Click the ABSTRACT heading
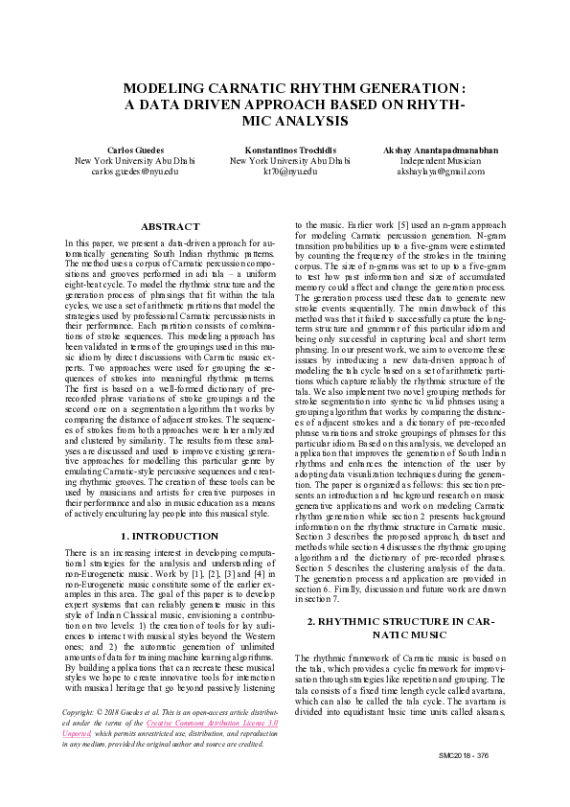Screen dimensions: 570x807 pyautogui.click(x=171, y=226)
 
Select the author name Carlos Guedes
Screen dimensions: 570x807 pyautogui.click(x=135, y=151)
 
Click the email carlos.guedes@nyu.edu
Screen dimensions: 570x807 pyautogui.click(x=135, y=172)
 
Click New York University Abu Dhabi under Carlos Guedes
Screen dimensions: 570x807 pyautogui.click(x=135, y=161)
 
